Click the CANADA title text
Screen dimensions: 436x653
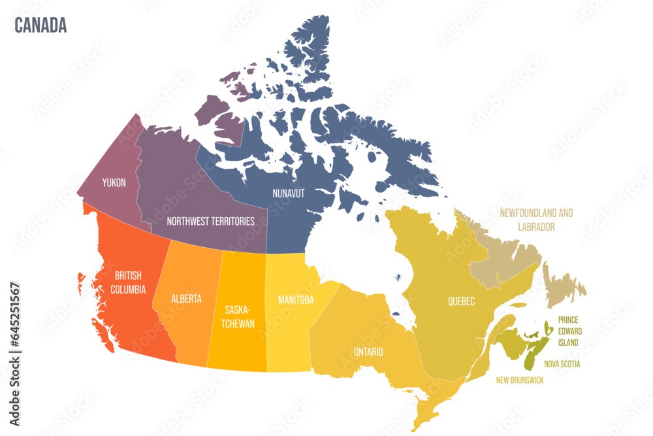[x=40, y=25]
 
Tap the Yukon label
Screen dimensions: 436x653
[x=114, y=182]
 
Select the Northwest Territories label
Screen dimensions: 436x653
[x=210, y=221]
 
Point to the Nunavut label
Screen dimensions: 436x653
[x=289, y=193]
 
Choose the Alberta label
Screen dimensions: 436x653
[x=186, y=299]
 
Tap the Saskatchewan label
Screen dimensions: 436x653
[x=239, y=316]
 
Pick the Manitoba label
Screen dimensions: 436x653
[x=295, y=300]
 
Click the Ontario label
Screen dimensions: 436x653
[x=368, y=352]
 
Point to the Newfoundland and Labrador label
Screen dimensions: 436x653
[x=536, y=220]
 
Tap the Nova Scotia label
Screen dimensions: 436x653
[x=562, y=364]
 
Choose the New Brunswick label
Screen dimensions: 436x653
[x=519, y=380]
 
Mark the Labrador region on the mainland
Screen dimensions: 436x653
[x=506, y=265]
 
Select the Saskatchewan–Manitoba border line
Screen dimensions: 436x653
[x=266, y=307]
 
